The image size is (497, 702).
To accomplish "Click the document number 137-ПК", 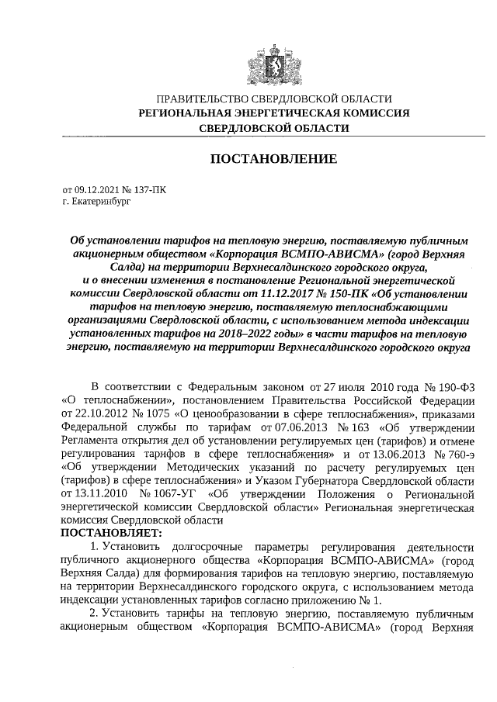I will [151, 188].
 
